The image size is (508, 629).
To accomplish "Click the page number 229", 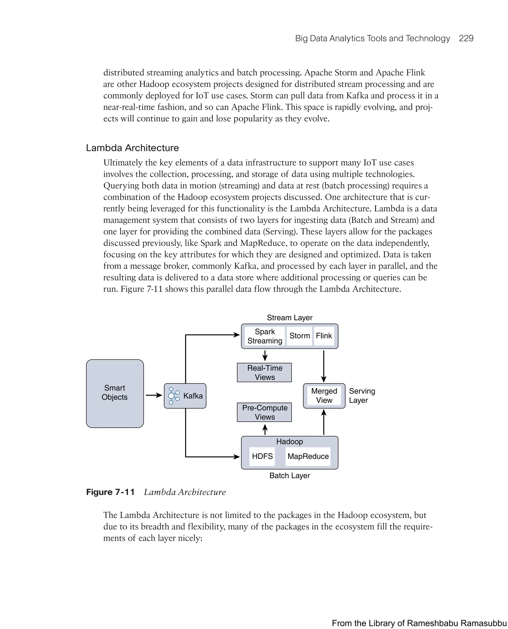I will pos(466,38).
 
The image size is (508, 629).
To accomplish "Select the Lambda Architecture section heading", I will pos(132,148).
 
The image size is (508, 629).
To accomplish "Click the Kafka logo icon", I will pos(174,396).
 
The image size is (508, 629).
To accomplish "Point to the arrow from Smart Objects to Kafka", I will pos(154,395).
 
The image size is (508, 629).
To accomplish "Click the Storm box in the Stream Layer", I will pos(299,336).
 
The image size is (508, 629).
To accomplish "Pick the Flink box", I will pos(324,336).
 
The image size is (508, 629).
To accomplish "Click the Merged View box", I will pos(324,396).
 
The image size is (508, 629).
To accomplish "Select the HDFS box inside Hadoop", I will pos(262,456).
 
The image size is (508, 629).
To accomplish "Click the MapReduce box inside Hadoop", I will pos(308,456).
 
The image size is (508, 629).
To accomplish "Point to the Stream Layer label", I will pos(289,318).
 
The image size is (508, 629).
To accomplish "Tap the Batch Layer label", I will pos(289,476).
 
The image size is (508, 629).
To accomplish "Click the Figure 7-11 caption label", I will pos(110,492).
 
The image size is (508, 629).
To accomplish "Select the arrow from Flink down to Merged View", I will pos(324,366).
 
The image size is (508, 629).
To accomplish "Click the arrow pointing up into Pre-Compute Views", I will pos(265,429).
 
